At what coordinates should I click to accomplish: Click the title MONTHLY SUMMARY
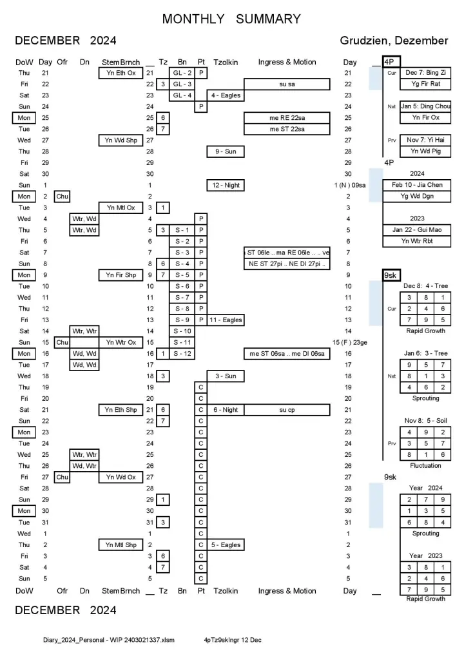(x=231, y=19)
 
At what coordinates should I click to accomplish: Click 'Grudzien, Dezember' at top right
(x=394, y=41)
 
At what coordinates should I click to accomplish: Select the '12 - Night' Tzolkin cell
(x=226, y=185)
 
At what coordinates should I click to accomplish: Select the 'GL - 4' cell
(x=182, y=95)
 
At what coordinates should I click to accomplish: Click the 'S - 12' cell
(x=182, y=353)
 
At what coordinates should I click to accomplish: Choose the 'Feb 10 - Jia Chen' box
(x=416, y=184)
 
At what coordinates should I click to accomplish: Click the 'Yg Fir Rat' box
(x=416, y=84)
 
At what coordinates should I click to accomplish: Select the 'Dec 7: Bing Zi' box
(x=416, y=72)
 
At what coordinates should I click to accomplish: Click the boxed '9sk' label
(x=390, y=275)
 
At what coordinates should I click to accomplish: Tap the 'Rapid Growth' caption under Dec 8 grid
(x=425, y=331)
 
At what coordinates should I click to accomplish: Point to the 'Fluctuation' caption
(x=425, y=465)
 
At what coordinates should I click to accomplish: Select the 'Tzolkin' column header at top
(x=226, y=62)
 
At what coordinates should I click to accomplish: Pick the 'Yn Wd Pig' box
(x=416, y=151)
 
